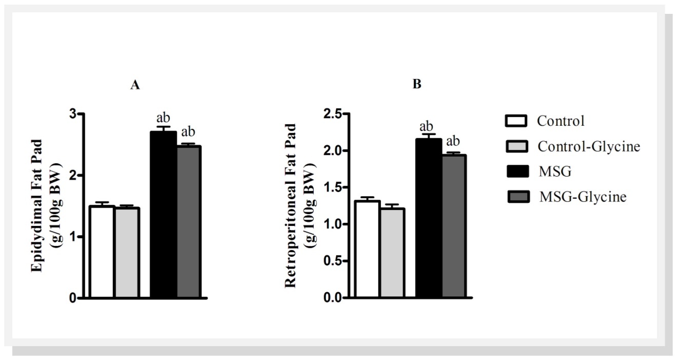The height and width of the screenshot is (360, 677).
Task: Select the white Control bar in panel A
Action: coord(101,252)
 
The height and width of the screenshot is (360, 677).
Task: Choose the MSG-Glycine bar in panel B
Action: coord(453,226)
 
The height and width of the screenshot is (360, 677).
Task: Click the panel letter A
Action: coord(135,85)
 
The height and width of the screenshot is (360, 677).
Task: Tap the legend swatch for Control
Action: coord(515,122)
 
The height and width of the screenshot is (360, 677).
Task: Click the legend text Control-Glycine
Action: coord(589,147)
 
